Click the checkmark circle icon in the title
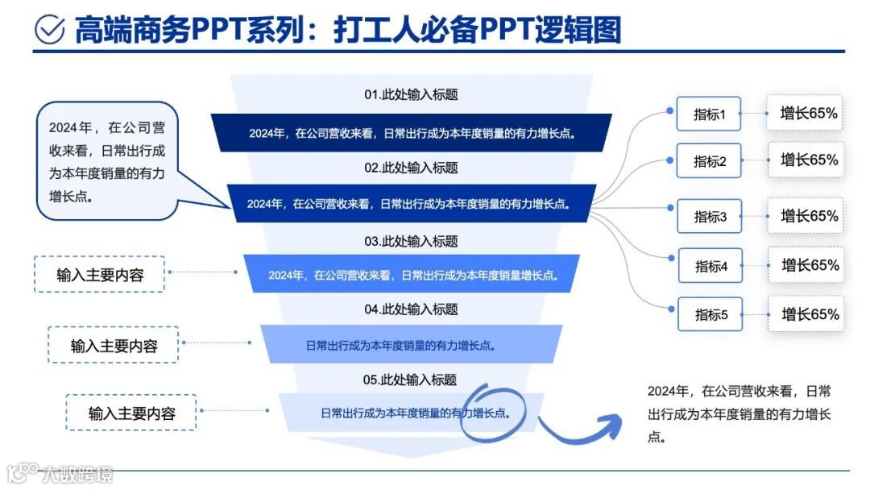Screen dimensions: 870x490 click(x=50, y=30)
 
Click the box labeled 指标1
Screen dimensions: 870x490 click(x=709, y=114)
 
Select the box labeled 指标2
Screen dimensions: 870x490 click(x=709, y=161)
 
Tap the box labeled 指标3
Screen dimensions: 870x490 click(x=710, y=216)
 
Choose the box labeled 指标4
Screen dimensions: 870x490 click(x=710, y=266)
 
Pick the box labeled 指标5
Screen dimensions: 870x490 click(x=710, y=314)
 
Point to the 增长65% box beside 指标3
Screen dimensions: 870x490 click(x=808, y=216)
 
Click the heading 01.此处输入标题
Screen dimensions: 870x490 click(x=411, y=94)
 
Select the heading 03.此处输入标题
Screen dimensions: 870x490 click(x=411, y=241)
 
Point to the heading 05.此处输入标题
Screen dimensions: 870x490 click(x=411, y=380)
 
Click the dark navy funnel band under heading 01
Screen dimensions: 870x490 click(x=411, y=133)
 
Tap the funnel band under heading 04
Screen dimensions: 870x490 click(x=411, y=345)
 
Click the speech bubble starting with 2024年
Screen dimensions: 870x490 click(x=106, y=161)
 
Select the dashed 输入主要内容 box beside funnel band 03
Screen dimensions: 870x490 click(x=100, y=274)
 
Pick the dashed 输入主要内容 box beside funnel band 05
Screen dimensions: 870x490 click(x=130, y=413)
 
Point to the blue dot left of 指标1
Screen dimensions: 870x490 click(x=669, y=110)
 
